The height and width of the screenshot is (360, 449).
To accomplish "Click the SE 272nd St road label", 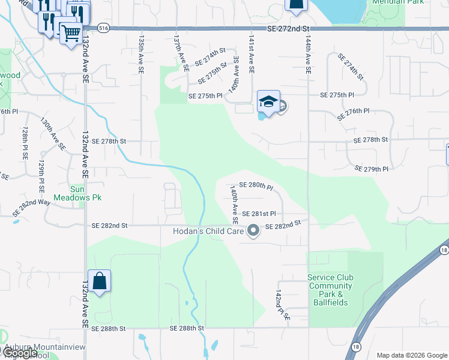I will (x=289, y=29).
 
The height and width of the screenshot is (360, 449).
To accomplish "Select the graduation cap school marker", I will (x=268, y=102).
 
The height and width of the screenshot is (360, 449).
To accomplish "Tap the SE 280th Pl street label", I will (x=256, y=186).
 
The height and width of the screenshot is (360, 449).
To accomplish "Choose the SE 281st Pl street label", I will (x=259, y=214).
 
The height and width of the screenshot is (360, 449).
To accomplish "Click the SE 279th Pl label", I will (x=372, y=169).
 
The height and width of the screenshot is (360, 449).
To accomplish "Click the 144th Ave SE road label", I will (x=308, y=54).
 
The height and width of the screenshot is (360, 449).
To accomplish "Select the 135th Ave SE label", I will (x=142, y=54).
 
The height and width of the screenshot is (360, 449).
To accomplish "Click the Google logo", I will (x=20, y=353).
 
